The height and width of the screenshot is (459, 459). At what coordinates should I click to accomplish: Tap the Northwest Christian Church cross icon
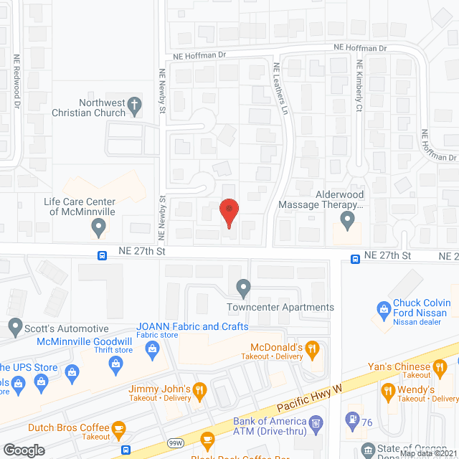(x=134, y=108)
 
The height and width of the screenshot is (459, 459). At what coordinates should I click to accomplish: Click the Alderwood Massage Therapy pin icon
(x=348, y=219)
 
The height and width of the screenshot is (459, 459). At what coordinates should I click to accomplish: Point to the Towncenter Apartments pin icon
(x=244, y=288)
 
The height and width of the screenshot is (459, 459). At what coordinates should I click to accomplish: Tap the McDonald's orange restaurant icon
(x=312, y=349)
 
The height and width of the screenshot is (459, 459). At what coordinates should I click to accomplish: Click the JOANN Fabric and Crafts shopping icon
(x=152, y=349)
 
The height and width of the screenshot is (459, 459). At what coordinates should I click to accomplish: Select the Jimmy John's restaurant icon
(x=200, y=390)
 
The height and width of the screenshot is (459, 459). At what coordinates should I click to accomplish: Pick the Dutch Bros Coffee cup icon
(x=119, y=429)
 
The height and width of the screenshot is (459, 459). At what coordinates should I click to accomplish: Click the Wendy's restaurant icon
(x=389, y=391)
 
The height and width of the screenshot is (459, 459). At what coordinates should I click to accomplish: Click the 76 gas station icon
(x=351, y=418)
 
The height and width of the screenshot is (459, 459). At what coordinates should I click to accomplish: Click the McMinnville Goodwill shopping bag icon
(x=114, y=365)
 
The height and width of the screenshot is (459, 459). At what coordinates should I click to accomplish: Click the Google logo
(x=24, y=450)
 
